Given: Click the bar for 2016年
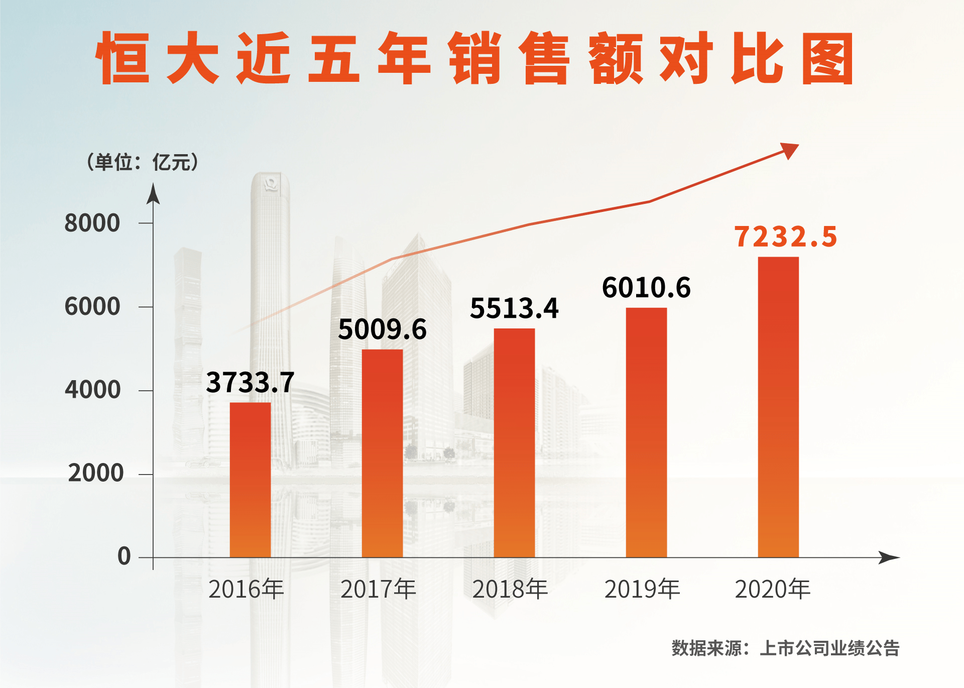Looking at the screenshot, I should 250,480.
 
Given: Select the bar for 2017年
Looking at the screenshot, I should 382,453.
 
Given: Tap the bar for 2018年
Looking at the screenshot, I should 514,442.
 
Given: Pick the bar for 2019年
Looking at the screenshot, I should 646,432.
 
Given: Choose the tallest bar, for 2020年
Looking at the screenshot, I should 778,407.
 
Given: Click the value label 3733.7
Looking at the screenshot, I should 250,382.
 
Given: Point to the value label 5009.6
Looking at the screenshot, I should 382,329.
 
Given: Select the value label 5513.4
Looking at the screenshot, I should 514,308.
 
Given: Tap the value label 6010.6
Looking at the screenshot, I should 646,288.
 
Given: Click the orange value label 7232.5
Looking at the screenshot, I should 786,237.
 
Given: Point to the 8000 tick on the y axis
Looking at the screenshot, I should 92,223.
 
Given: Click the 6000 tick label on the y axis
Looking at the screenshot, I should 92,306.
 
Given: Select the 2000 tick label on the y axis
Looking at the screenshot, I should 95,473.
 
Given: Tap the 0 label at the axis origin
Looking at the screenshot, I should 124,556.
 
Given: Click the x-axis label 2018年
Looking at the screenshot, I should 510,589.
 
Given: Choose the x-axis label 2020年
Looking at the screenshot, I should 773,589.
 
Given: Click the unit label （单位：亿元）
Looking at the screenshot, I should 143,162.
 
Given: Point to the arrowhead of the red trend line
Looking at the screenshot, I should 790,150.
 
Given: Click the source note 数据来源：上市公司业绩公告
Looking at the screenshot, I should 785,648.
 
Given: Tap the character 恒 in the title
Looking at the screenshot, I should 123,58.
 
